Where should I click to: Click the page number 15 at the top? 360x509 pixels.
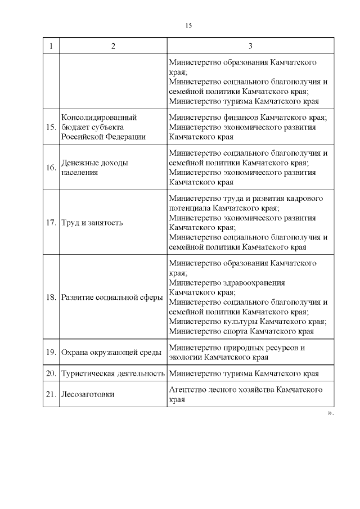[x=188, y=26]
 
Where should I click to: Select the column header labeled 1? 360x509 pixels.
[x=51, y=46]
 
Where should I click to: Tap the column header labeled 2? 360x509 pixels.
[x=113, y=46]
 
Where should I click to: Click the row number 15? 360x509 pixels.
[x=51, y=127]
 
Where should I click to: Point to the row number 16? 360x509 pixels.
[x=51, y=168]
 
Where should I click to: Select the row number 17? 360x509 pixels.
[x=51, y=223]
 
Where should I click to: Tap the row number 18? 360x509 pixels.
[x=51, y=297]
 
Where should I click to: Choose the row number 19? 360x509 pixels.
[x=51, y=352]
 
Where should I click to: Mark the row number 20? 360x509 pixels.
[x=51, y=373]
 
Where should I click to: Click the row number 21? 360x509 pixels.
[x=51, y=394]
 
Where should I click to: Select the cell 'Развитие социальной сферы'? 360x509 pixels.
[x=112, y=297]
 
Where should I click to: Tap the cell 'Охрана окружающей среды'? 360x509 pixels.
[x=111, y=352]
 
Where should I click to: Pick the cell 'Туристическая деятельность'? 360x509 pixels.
[x=112, y=373]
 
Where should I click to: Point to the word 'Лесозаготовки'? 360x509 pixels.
[x=88, y=394]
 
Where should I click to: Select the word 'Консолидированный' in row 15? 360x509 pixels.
[x=99, y=118]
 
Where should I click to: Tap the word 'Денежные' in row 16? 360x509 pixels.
[x=79, y=163]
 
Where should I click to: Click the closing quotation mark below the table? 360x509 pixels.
[x=330, y=413]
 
